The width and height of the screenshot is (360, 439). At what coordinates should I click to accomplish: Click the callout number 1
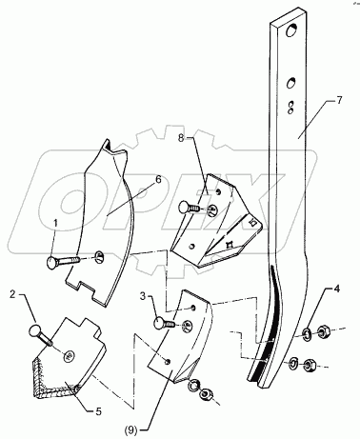click(x=55, y=224)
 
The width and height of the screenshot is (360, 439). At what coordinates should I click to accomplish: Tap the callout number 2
click(x=12, y=294)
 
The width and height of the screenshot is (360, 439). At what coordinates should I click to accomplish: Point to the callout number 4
click(x=336, y=289)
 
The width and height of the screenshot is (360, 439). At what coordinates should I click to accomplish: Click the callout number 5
click(x=99, y=411)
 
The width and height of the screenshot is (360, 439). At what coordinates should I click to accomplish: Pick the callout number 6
click(x=158, y=179)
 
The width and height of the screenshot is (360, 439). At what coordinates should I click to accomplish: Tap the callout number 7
click(x=339, y=101)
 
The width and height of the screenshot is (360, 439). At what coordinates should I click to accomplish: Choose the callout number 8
click(x=181, y=138)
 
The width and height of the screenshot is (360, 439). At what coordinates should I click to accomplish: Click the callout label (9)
click(x=131, y=430)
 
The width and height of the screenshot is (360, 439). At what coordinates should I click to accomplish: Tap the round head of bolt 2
click(x=35, y=330)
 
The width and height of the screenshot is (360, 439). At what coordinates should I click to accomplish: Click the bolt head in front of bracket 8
click(x=185, y=208)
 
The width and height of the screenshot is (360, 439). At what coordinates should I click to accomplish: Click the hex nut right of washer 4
click(x=323, y=332)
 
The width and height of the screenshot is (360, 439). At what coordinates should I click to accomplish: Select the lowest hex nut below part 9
click(x=206, y=396)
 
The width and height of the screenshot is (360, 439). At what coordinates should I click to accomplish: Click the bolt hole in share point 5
click(x=69, y=355)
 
